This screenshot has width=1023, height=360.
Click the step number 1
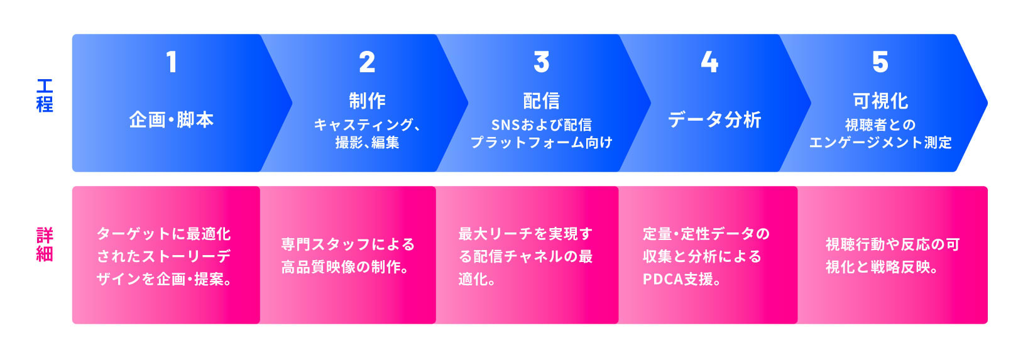click(172, 62)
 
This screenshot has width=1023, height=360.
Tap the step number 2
click(367, 62)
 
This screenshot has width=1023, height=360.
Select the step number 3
click(542, 62)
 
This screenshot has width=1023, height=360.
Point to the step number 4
click(709, 62)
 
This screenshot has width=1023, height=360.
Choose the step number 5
click(880, 62)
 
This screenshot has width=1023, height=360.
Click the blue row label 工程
click(45, 95)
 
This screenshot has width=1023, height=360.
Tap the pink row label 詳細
click(45, 244)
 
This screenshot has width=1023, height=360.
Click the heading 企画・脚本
click(172, 120)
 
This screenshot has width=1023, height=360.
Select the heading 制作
click(367, 101)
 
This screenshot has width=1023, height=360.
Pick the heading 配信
click(542, 101)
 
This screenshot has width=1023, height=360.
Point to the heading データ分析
click(714, 120)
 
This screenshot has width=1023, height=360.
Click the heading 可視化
click(880, 101)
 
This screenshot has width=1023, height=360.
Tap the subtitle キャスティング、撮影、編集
click(367, 133)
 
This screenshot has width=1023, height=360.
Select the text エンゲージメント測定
click(880, 143)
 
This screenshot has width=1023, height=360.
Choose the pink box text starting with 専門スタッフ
click(347, 256)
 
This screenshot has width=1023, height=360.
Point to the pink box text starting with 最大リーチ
click(526, 256)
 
